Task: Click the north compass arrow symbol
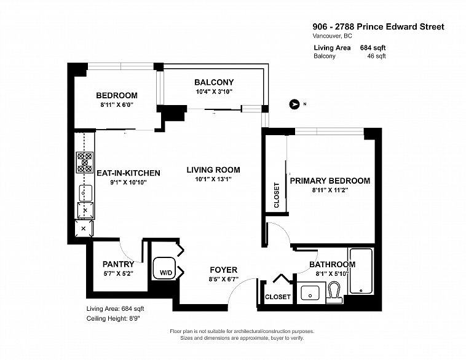(x=294, y=104)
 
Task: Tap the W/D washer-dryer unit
(x=164, y=268)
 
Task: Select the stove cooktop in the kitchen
(x=85, y=162)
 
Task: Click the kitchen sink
(x=85, y=193)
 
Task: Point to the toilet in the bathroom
(x=334, y=292)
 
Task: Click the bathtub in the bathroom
(x=361, y=271)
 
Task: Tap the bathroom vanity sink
(x=310, y=292)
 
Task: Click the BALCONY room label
(x=214, y=82)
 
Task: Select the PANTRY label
(x=118, y=264)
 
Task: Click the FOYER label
(x=224, y=270)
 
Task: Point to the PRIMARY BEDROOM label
(x=330, y=181)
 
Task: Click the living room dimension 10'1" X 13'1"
(x=213, y=179)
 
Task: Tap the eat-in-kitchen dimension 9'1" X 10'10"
(x=128, y=182)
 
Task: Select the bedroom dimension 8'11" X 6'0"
(x=117, y=104)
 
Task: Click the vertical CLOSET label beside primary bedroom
(x=277, y=195)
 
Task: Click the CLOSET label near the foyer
(x=278, y=297)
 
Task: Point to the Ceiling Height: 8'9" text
(x=113, y=318)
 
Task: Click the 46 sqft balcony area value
(x=376, y=56)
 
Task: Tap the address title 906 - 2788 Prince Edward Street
(x=378, y=27)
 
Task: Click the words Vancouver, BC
(x=332, y=36)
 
